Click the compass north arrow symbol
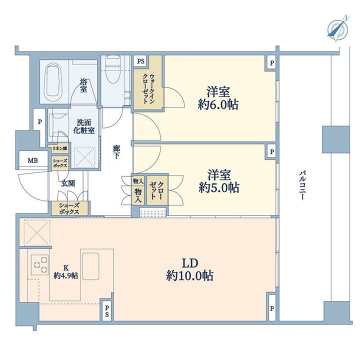tap(337, 29)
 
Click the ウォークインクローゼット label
tap(148, 88)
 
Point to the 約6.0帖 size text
tap(218, 104)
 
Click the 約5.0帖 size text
tap(219, 187)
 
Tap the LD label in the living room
tap(190, 263)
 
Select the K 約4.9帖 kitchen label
tap(65, 271)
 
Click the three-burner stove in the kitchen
tap(40, 264)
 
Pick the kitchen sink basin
tap(90, 266)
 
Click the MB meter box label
tap(32, 160)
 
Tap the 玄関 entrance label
tap(68, 183)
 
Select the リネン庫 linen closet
tap(59, 149)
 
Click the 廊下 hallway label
tap(116, 152)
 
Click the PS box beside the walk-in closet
tap(141, 61)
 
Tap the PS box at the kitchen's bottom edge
tap(107, 310)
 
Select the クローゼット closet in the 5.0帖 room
tap(157, 190)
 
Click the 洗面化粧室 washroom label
tap(84, 126)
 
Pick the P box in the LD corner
tap(272, 308)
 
